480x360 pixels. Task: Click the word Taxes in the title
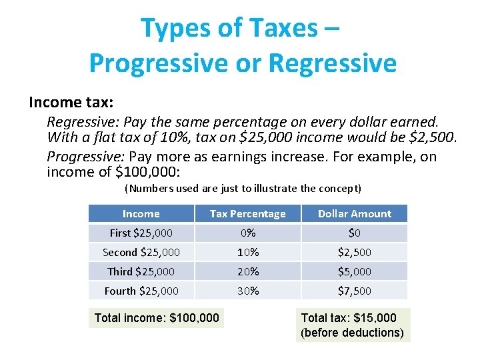[x=285, y=28]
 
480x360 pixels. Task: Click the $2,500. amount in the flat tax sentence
[x=435, y=138]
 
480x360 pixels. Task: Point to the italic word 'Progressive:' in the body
[x=85, y=157]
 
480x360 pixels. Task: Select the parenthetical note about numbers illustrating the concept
[x=243, y=189]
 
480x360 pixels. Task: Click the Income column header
[x=141, y=214]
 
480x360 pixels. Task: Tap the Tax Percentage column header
[x=247, y=214]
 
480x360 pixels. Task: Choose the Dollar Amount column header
[x=354, y=214]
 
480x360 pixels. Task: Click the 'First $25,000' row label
[x=141, y=233]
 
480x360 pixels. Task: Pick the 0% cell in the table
[x=247, y=233]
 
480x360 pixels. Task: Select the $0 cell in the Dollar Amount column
[x=354, y=233]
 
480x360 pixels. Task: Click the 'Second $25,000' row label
[x=141, y=253]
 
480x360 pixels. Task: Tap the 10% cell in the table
[x=247, y=253]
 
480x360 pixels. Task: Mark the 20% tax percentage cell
[x=247, y=272]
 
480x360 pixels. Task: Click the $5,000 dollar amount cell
[x=354, y=272]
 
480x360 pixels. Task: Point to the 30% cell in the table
[x=247, y=291]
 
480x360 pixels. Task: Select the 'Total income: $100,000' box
[x=157, y=318]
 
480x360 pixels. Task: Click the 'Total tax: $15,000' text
[x=349, y=318]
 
